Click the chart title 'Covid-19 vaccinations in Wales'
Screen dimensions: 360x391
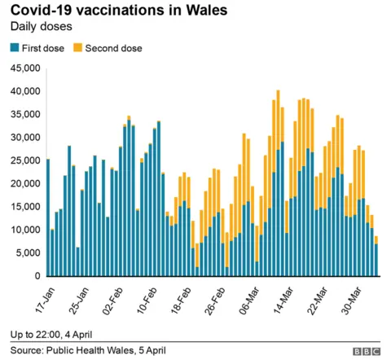119,11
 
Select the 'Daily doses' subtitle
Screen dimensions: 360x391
40,28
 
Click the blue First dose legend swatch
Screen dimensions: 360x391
14,48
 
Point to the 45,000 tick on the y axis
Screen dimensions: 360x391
24,68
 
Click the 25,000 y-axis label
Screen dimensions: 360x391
24,160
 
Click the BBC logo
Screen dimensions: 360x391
365,351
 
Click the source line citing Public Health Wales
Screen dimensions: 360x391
88,350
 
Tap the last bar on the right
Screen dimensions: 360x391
376,257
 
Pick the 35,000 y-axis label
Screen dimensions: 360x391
24,114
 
